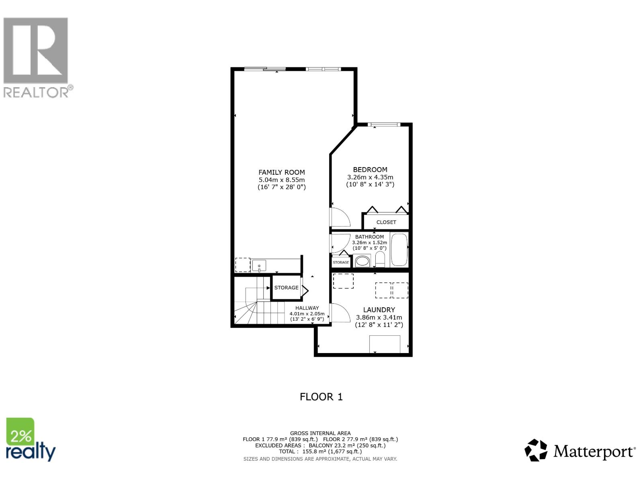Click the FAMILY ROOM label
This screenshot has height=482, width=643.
(x=281, y=172)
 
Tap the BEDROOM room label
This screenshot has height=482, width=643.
(x=370, y=170)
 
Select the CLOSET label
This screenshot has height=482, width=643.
(x=386, y=222)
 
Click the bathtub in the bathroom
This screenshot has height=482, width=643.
(x=399, y=250)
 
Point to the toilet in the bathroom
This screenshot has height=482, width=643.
(x=380, y=259)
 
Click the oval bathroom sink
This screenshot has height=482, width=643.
(x=363, y=261)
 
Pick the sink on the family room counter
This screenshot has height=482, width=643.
(x=259, y=266)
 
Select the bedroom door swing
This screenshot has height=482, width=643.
(x=340, y=218)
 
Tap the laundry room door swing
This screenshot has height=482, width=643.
(x=340, y=312)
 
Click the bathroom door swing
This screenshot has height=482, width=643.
(x=340, y=244)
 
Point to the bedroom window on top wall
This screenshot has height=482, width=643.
(x=384, y=125)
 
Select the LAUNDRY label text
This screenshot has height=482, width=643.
(x=379, y=310)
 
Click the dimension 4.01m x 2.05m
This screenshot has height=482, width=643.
(x=307, y=314)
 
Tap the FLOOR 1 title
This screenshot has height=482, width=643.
(x=321, y=397)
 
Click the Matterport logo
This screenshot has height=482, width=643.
(x=580, y=451)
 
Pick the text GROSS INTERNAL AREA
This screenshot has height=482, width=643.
(x=320, y=433)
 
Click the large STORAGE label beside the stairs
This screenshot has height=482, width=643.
(x=286, y=288)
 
